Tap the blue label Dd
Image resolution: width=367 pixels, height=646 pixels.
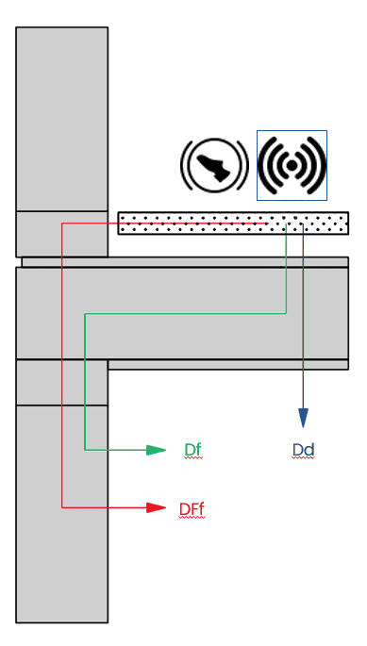pos(303,450)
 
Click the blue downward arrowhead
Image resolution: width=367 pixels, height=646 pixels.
pos(303,418)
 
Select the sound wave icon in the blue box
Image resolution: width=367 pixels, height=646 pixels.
pos(292,165)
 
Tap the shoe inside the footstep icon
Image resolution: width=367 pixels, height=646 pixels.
pos(215,167)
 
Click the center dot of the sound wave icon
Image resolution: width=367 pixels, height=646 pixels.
pos(292,166)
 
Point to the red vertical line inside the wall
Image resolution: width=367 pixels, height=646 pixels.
pos(62,377)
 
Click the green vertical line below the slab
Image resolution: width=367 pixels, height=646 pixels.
pos(85,396)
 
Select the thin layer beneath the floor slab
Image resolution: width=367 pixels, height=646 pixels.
pos(226,364)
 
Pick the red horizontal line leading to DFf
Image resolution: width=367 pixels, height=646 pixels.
pos(104,507)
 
